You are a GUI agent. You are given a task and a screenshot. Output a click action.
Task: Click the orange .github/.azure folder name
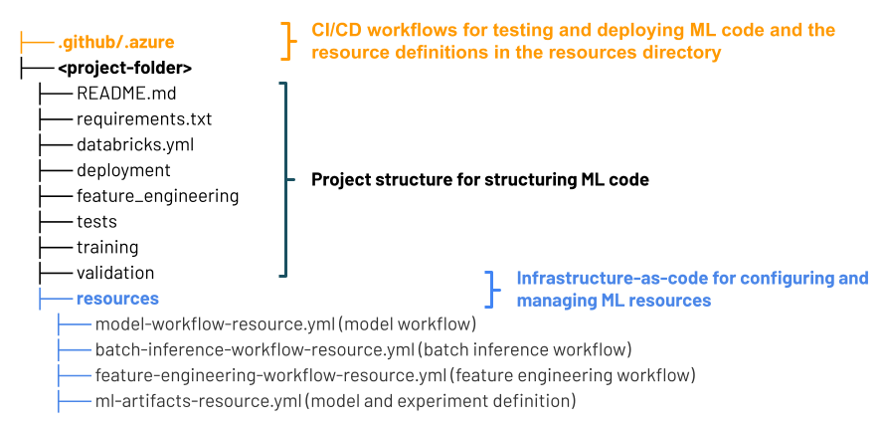[116, 43]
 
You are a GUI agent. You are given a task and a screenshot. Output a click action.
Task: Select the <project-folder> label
[125, 69]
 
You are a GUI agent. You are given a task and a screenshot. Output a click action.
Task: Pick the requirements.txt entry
[144, 119]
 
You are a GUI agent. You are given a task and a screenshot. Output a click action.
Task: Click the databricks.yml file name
[135, 144]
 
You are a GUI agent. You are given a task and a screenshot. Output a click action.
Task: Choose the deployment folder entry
[123, 170]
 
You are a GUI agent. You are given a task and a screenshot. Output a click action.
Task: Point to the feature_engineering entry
[157, 196]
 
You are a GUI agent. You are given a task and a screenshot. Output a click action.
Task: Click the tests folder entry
[96, 221]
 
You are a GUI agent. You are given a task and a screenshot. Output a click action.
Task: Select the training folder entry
[107, 247]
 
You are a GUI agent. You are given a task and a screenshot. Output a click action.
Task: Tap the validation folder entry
[115, 273]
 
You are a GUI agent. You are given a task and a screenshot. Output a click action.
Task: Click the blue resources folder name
[117, 299]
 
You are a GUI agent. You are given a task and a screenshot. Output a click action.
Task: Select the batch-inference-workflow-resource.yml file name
[255, 350]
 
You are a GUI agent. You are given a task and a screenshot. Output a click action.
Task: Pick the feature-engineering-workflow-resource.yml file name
[270, 375]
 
